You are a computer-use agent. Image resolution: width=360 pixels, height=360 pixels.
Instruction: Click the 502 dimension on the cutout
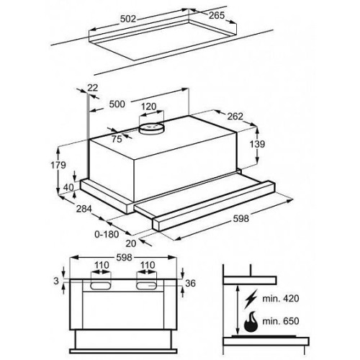click(x=128, y=19)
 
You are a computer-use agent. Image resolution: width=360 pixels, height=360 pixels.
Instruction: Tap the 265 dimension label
click(x=217, y=15)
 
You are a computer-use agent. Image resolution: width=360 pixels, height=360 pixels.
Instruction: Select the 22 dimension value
click(x=92, y=88)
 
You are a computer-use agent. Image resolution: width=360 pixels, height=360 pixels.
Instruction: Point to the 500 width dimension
click(x=117, y=104)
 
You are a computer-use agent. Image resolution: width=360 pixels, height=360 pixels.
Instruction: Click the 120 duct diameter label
click(x=149, y=107)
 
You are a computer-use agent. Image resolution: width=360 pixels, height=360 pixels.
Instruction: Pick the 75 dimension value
click(x=117, y=139)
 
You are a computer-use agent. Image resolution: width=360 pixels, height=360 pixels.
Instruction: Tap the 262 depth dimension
click(x=235, y=117)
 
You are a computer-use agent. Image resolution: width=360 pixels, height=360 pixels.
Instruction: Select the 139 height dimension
click(x=257, y=144)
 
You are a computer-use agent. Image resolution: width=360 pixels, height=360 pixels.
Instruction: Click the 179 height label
click(x=58, y=165)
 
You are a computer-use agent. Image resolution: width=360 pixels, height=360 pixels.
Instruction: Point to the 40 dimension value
click(x=68, y=187)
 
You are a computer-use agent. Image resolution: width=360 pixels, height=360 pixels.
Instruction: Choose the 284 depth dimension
click(x=84, y=209)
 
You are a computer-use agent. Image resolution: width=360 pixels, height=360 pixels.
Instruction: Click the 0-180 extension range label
click(x=107, y=234)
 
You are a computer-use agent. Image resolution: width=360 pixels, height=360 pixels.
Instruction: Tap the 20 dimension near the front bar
click(x=131, y=243)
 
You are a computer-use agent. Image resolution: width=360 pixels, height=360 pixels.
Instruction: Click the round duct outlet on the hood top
click(x=152, y=128)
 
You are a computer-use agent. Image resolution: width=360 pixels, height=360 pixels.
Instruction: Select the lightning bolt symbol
click(x=251, y=299)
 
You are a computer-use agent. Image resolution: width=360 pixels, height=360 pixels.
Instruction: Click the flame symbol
click(x=251, y=322)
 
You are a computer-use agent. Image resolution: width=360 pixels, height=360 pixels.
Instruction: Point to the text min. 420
click(x=281, y=299)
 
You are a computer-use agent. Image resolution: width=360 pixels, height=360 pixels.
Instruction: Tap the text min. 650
click(x=281, y=321)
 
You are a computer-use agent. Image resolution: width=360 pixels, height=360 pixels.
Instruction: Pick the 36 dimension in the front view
click(x=191, y=283)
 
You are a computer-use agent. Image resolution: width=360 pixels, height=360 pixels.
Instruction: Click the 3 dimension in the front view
click(x=56, y=281)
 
